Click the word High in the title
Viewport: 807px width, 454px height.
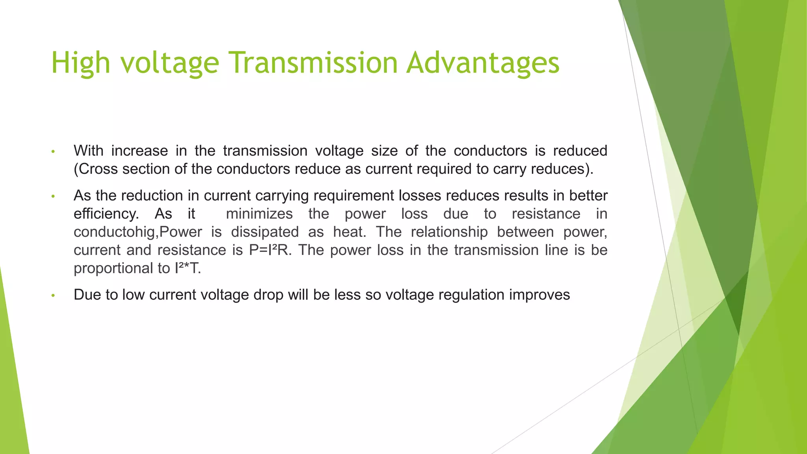pos(81,63)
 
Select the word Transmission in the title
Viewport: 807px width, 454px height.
pos(313,63)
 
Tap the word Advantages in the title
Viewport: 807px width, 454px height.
pos(483,63)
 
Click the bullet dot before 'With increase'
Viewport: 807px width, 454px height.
pos(53,152)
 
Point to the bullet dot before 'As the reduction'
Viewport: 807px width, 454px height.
pos(53,197)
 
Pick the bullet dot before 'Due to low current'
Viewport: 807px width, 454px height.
pos(53,296)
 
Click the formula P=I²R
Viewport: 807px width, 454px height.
pos(270,250)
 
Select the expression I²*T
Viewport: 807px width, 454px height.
pos(188,268)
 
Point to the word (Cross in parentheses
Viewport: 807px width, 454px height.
pos(96,169)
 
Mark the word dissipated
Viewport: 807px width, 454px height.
pos(265,232)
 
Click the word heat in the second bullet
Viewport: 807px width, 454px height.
pos(350,232)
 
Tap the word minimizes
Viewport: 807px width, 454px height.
pos(259,214)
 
